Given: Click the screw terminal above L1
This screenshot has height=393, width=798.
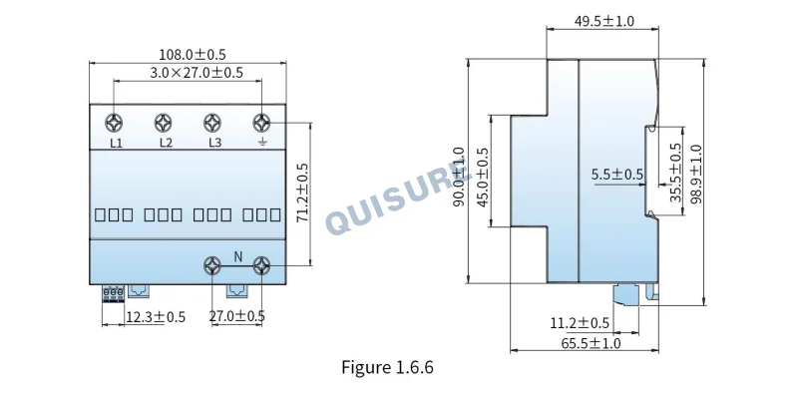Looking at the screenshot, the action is (114, 124).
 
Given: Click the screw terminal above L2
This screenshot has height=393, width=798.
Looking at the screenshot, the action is (163, 124).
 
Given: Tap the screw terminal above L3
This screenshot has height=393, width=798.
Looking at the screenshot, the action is (212, 124).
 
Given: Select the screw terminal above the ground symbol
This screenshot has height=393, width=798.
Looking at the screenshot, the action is (261, 124).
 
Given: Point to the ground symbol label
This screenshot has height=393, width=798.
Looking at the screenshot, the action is (261, 142).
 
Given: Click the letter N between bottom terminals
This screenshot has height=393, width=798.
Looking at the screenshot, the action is (238, 257).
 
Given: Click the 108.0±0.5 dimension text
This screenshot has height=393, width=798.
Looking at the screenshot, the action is (193, 55).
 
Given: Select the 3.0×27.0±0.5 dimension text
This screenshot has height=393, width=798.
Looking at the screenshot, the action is (197, 73).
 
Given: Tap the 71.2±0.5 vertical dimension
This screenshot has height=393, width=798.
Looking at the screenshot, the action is (303, 193).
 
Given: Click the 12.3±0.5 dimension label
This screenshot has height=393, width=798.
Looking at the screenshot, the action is (156, 317).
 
